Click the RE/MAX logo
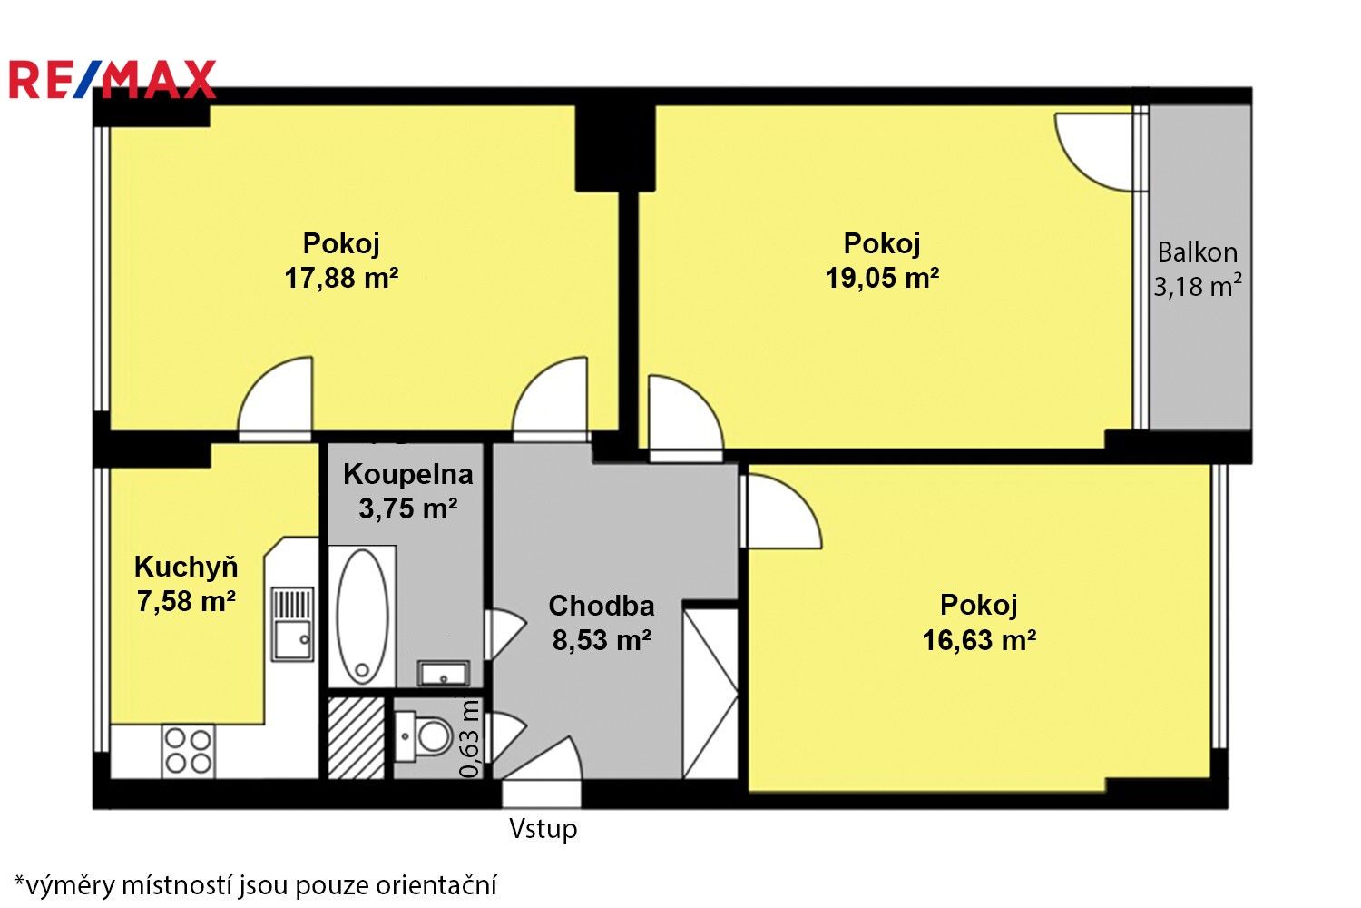(x=113, y=80)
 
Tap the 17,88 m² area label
(x=341, y=278)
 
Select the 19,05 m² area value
(x=881, y=278)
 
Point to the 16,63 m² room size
(x=979, y=640)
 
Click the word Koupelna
(x=407, y=474)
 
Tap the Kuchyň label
(x=186, y=567)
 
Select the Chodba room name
(x=601, y=606)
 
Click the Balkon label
(x=1197, y=252)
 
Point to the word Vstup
(x=543, y=828)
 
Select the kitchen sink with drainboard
(x=292, y=625)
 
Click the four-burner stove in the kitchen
(x=189, y=751)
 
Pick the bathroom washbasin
(x=443, y=674)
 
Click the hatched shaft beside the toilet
(x=356, y=737)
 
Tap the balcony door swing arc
(x=1093, y=153)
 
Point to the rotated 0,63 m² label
(x=469, y=737)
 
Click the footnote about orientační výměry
(x=256, y=884)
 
